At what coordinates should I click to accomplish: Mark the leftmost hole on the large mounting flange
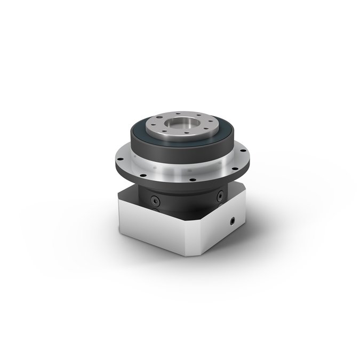[x=119, y=158]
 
